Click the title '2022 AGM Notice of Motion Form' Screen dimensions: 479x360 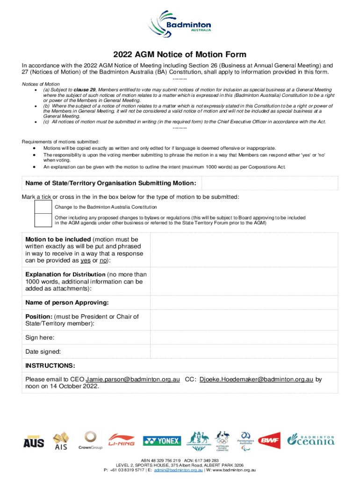pyautogui.click(x=180, y=55)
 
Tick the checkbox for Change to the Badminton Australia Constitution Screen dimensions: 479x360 pyautogui.click(x=43, y=207)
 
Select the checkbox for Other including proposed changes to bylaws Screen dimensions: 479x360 pyautogui.click(x=43, y=220)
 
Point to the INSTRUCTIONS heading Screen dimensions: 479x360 pyautogui.click(x=50, y=365)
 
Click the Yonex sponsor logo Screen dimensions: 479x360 pyautogui.click(x=162, y=441)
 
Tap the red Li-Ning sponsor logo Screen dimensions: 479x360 pyautogui.click(x=122, y=441)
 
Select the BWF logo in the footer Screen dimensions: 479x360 pyautogui.click(x=270, y=441)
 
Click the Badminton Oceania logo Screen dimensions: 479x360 pyautogui.click(x=310, y=440)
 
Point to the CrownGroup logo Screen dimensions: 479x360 pyautogui.click(x=90, y=441)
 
